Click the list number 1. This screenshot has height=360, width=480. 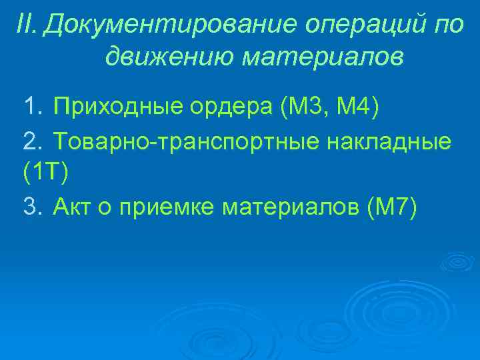pos(31,105)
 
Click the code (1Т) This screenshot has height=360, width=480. pos(45,173)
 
